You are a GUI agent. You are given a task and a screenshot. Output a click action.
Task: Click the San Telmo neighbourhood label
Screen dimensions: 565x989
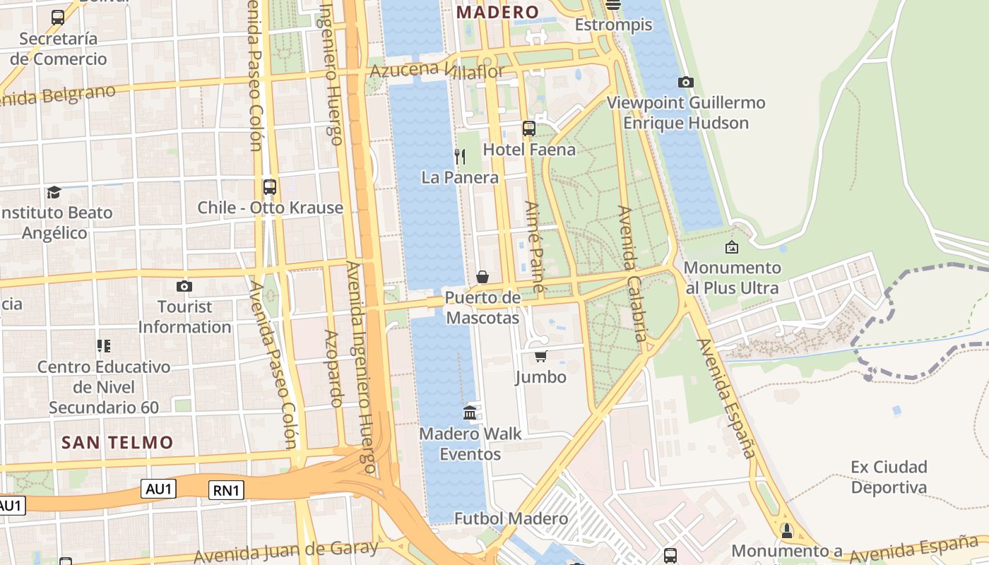[x=117, y=443]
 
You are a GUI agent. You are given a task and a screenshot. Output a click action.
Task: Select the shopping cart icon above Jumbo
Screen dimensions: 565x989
[x=541, y=356]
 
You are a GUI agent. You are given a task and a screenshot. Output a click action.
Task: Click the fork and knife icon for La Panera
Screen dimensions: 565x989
[x=460, y=156]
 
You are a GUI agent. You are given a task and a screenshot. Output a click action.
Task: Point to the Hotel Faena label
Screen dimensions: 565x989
[x=529, y=150]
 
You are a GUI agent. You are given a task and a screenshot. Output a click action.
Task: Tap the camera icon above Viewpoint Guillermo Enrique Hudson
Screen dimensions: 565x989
[x=685, y=82]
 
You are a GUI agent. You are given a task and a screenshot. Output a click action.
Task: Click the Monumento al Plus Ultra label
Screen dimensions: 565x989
[x=733, y=278]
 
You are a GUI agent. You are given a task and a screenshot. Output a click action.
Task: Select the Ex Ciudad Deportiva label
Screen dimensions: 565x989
[x=889, y=477]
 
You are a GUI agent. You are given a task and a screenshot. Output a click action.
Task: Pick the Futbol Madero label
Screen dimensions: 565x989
[x=511, y=519]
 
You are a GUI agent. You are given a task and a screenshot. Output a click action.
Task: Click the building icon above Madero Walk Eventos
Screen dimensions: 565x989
[x=470, y=412]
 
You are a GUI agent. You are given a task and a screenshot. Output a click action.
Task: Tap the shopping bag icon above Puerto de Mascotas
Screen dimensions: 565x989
[x=482, y=277]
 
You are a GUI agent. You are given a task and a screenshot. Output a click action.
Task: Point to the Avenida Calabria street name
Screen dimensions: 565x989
[x=632, y=273]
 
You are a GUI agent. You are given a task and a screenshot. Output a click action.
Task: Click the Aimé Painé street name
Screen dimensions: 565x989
[x=535, y=246]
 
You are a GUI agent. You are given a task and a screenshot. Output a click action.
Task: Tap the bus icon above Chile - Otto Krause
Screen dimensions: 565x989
[x=269, y=187]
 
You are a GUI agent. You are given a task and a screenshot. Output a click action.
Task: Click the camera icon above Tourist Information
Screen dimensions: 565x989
[x=184, y=286]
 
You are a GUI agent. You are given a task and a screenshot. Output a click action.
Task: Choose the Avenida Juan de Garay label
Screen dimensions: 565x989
[x=286, y=552]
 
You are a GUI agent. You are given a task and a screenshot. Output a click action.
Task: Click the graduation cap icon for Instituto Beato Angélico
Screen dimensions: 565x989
[x=54, y=192]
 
